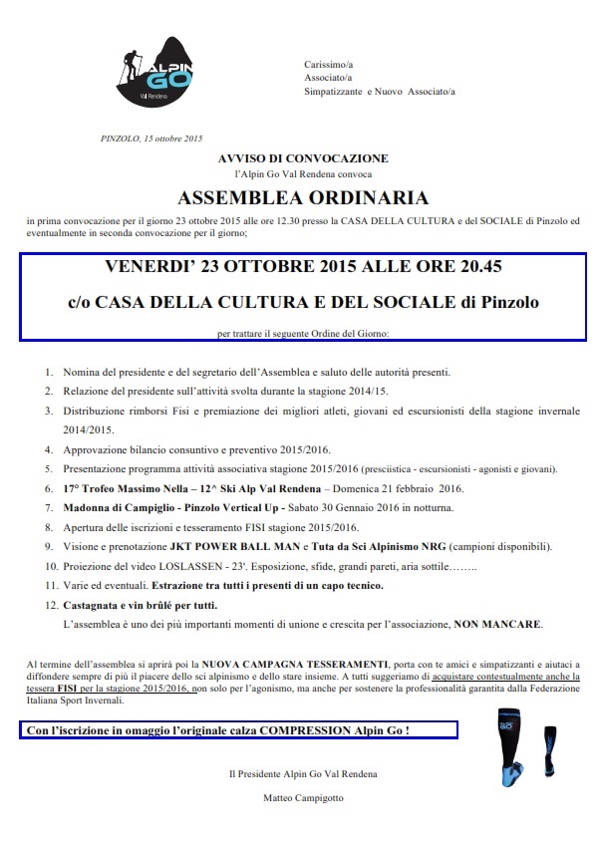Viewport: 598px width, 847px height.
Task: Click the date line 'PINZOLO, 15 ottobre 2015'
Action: click(152, 138)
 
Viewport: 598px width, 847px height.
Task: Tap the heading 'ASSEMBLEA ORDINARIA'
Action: click(303, 196)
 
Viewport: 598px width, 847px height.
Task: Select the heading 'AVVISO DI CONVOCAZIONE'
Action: click(303, 158)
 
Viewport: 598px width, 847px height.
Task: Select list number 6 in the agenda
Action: click(48, 489)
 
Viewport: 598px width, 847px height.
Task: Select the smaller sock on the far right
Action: click(549, 742)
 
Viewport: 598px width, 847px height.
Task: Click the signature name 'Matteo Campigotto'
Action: click(302, 799)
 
